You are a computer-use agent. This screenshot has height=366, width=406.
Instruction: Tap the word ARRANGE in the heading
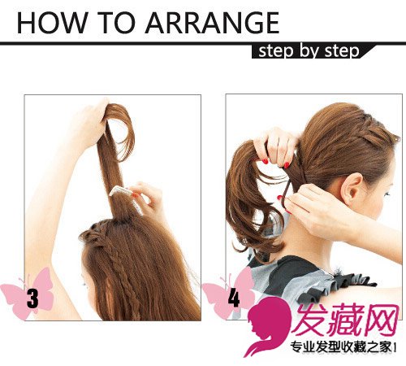212,23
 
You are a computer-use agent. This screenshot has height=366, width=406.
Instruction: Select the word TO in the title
116,23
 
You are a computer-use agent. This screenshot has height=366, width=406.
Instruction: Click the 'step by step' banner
311,51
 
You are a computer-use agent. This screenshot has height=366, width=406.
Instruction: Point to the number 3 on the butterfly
32,298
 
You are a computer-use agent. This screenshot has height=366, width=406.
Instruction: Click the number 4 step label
234,298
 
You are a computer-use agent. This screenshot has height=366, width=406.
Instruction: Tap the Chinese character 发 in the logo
310,320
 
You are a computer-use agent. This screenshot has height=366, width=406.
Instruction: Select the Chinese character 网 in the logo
381,320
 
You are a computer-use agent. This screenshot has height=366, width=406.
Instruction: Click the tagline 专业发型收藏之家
341,346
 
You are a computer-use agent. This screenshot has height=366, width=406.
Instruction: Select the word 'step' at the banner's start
275,51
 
